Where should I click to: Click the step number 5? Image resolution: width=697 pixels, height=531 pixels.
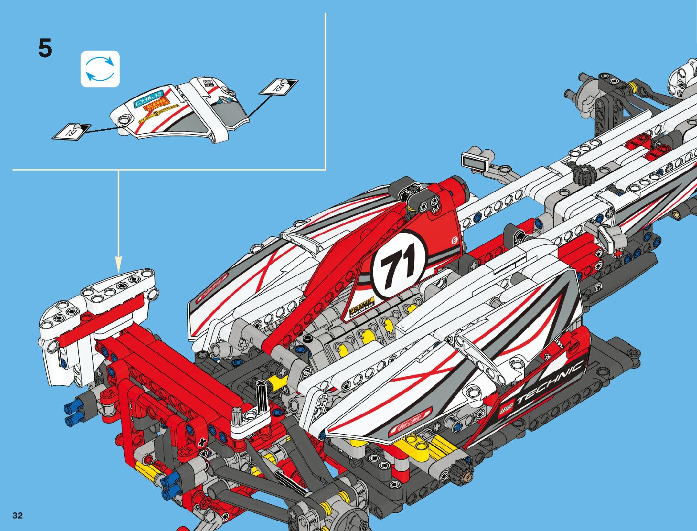coord(45,48)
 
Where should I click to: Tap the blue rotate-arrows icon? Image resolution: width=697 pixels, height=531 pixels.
coord(100,69)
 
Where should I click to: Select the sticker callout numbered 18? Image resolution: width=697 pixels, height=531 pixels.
coord(278,86)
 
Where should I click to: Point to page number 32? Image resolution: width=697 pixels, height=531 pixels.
coord(18,515)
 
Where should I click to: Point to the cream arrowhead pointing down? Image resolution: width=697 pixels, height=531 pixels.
coord(118,263)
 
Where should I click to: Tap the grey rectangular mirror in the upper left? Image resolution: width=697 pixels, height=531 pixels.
coord(475,160)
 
